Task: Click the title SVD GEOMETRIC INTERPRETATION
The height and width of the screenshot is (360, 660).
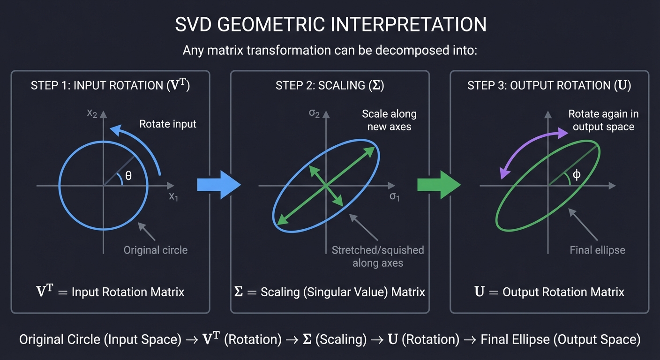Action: pos(330,24)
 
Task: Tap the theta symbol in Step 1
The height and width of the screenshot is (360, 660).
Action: pos(128,176)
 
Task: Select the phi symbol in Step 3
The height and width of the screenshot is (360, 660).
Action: pos(577,175)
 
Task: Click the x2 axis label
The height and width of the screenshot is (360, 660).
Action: pos(92,113)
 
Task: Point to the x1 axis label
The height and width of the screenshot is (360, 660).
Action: pos(173,196)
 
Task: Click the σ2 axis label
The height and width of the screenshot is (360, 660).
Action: pos(314,113)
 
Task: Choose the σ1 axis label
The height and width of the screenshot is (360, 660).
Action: pos(395,196)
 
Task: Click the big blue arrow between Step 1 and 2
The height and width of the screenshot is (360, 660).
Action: pos(218,185)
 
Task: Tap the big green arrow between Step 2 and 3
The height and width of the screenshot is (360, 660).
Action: pos(439,185)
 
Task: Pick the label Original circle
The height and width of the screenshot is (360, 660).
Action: pos(155,250)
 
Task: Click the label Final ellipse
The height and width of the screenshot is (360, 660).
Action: pos(597,250)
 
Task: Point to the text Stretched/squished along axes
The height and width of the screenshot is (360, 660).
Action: pos(378,256)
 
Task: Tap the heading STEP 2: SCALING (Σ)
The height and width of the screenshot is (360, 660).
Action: pos(330,86)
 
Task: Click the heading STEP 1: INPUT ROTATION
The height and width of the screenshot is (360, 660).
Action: pos(110,86)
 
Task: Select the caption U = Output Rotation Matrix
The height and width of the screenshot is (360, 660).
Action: pos(549,292)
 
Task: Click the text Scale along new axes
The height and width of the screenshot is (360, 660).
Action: pos(389,120)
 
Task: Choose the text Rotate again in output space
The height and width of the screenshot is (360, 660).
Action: pos(603,120)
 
